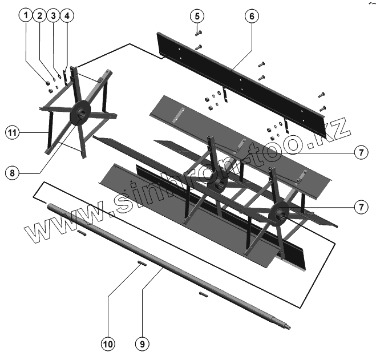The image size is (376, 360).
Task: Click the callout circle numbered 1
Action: [x=25, y=15]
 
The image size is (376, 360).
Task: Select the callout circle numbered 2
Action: [x=39, y=15]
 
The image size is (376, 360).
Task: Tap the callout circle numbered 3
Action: [x=53, y=15]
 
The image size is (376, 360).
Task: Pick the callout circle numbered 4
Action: [x=67, y=15]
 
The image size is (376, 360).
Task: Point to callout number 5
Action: [x=196, y=15]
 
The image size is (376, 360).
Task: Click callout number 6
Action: [x=250, y=15]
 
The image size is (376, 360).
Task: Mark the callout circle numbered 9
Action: [x=142, y=344]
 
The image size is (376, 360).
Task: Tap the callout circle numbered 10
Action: [x=108, y=344]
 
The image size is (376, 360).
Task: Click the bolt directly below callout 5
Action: [x=197, y=32]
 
